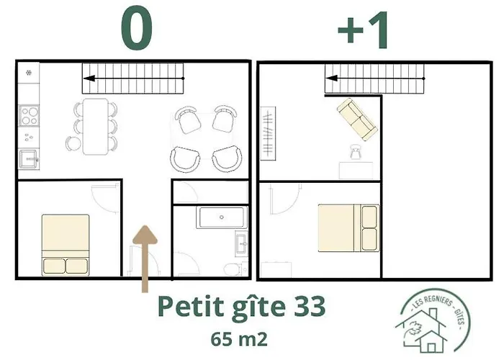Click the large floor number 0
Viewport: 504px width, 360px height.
137,30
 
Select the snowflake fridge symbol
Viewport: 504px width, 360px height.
28,72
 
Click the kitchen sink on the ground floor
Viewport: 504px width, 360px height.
29,158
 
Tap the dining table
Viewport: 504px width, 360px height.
94,126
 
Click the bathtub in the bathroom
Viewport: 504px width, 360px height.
222,217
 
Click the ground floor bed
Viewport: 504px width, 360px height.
66,243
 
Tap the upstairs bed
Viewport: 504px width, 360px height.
349,228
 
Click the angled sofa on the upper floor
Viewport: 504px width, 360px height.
356,119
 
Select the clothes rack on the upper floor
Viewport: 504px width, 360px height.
268,131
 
